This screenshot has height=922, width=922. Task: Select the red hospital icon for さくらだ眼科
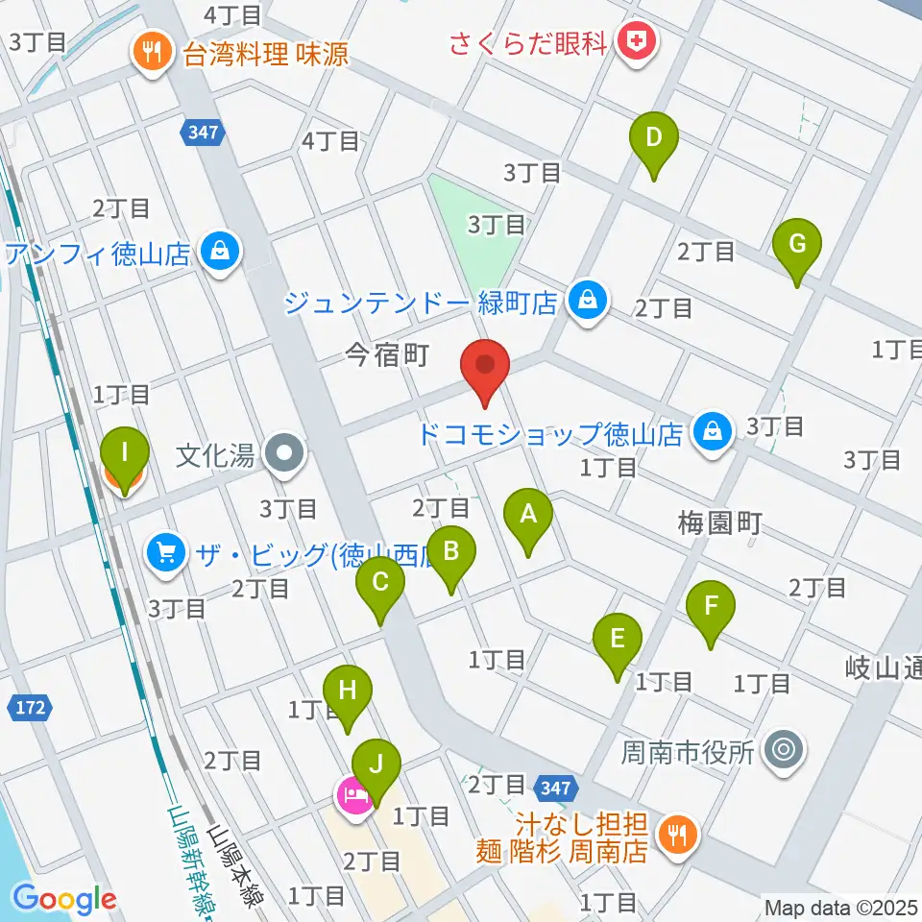[x=633, y=41]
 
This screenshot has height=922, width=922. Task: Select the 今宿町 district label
[x=387, y=357]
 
